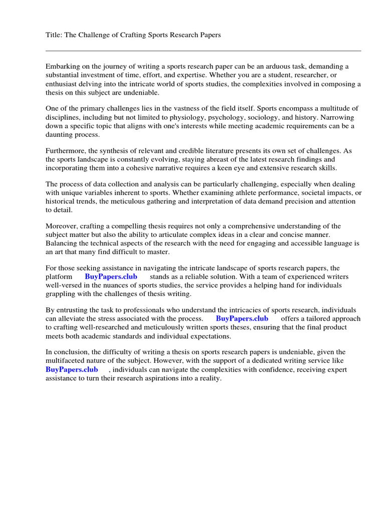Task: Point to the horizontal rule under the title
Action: click(203, 51)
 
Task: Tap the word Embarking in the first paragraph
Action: click(62, 66)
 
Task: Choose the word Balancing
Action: click(62, 243)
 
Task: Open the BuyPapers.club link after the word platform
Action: click(111, 277)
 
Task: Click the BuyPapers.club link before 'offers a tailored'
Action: click(242, 319)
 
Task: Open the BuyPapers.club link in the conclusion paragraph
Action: click(72, 370)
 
